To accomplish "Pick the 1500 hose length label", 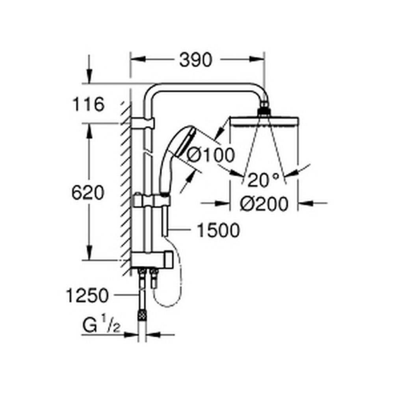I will (218, 230).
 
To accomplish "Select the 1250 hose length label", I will (87, 295).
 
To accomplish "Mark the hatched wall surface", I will (126, 189).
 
